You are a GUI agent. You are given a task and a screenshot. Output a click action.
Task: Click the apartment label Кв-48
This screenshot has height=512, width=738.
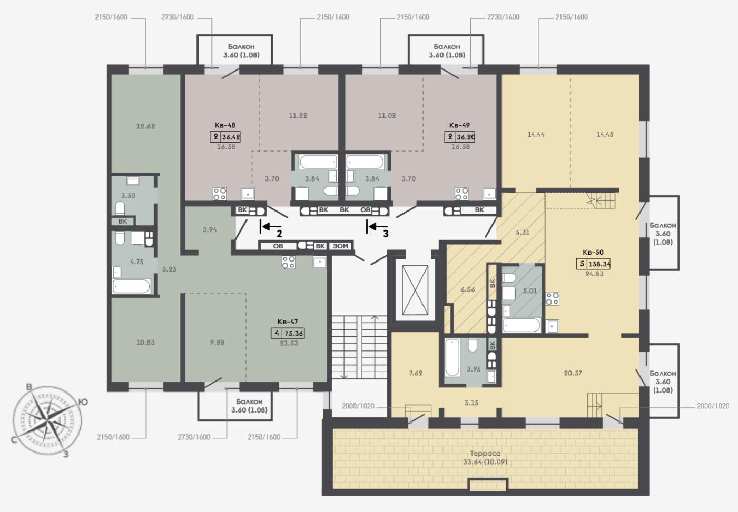(x=225, y=125)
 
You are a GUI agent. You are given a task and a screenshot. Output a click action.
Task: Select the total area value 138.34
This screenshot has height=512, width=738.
(x=599, y=264)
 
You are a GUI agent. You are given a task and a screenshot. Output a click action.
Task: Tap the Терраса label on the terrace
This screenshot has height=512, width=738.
(x=485, y=454)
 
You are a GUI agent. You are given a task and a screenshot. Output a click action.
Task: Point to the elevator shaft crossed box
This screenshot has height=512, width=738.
(x=415, y=290)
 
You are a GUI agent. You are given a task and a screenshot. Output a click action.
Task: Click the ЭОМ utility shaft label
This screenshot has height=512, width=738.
(x=340, y=246)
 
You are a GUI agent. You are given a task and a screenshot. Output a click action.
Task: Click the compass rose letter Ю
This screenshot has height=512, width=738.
(x=84, y=402)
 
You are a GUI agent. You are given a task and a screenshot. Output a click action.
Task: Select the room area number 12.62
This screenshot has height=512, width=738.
(x=145, y=126)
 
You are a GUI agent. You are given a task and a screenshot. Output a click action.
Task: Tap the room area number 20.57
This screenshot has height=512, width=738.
(x=573, y=373)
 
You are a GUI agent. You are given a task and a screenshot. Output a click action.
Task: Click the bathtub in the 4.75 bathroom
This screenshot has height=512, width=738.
(x=132, y=286)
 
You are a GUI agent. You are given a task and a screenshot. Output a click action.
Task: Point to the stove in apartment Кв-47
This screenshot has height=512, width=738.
(x=288, y=262)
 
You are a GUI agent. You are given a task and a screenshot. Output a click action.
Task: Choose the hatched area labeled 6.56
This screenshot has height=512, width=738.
(x=468, y=289)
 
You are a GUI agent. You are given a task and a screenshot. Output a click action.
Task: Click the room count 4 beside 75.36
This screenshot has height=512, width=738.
(x=277, y=333)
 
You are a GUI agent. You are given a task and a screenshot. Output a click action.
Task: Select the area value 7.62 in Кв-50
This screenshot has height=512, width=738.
(x=416, y=373)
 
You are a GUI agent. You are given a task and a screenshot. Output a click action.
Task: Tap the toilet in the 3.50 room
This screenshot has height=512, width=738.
(x=120, y=208)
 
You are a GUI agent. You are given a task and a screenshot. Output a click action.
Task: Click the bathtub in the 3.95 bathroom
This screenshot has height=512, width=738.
(x=452, y=358)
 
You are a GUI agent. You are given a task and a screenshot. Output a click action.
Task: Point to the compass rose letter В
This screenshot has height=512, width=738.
(x=29, y=387)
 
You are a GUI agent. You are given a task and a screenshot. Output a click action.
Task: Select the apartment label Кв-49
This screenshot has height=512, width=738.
(x=459, y=125)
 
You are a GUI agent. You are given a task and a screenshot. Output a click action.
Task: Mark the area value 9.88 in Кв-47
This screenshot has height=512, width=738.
(x=217, y=343)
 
